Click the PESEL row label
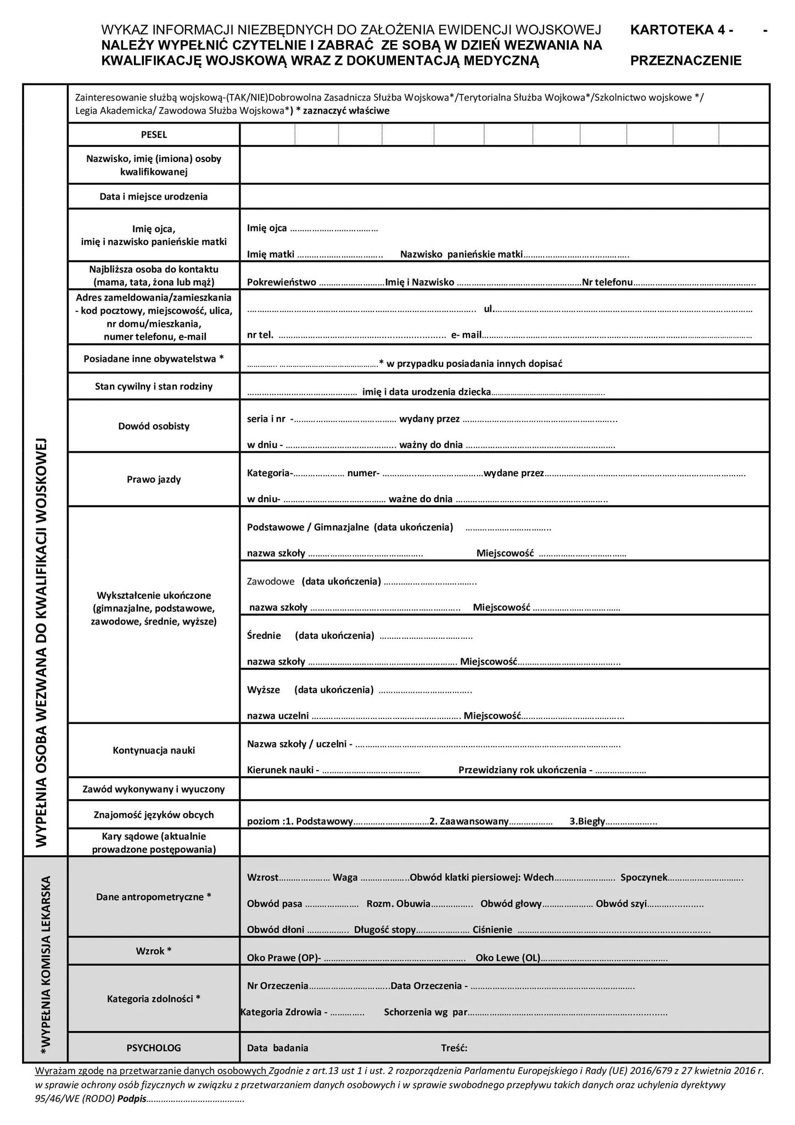154,135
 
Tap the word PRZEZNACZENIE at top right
686,60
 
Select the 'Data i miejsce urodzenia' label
154,197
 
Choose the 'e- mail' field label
466,335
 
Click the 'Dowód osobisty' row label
154,426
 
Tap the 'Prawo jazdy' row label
154,480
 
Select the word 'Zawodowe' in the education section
271,581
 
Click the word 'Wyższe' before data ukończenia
264,689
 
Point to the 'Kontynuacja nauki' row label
154,750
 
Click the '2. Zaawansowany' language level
469,821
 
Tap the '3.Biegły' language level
587,821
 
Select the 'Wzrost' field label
262,877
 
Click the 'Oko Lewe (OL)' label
508,958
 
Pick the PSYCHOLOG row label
154,1048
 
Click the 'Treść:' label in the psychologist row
454,1048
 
